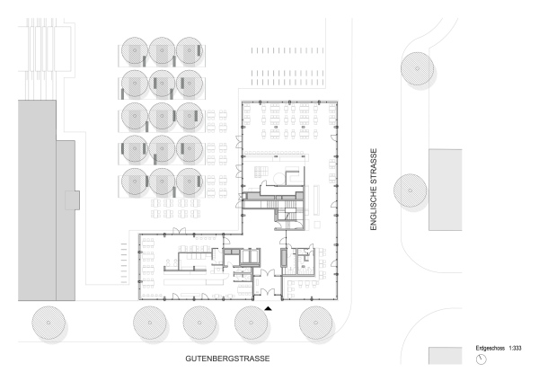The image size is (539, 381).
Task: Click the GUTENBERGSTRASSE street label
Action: [x=227, y=359]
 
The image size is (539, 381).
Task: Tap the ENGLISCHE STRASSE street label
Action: [x=374, y=190]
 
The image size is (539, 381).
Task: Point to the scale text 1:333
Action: [x=515, y=349]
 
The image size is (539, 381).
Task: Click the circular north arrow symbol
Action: [x=482, y=359]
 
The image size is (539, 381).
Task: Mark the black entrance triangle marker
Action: [x=269, y=308]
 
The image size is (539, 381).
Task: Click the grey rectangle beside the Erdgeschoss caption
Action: [x=446, y=356]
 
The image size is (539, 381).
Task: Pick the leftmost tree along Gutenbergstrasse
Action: [x=49, y=323]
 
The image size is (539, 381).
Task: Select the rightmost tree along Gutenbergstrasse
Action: [x=316, y=323]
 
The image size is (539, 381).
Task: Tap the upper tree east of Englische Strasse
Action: [x=418, y=68]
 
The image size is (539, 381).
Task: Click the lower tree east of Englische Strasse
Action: [x=411, y=190]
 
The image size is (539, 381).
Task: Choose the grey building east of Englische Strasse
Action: [x=446, y=190]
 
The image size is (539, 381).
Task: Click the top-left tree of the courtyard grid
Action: [x=135, y=50]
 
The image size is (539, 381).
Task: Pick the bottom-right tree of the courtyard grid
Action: [x=190, y=182]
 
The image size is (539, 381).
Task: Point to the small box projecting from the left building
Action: [x=73, y=200]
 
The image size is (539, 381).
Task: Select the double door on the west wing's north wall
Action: [x=180, y=231]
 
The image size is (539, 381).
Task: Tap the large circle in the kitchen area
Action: [x=279, y=179]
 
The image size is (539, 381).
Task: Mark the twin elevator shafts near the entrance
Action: [x=250, y=256]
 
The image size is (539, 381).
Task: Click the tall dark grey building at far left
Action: [x=37, y=200]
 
